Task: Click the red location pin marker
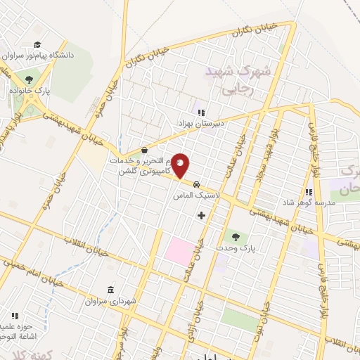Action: click(x=181, y=166)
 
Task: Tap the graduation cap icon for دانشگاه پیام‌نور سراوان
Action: click(x=37, y=44)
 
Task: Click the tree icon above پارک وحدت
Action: click(x=236, y=237)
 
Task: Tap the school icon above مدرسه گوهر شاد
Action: click(x=308, y=192)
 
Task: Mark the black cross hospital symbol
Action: click(x=202, y=214)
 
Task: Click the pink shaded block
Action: click(x=180, y=251)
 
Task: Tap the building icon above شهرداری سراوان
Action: click(x=110, y=290)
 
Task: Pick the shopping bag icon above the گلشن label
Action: click(x=144, y=150)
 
